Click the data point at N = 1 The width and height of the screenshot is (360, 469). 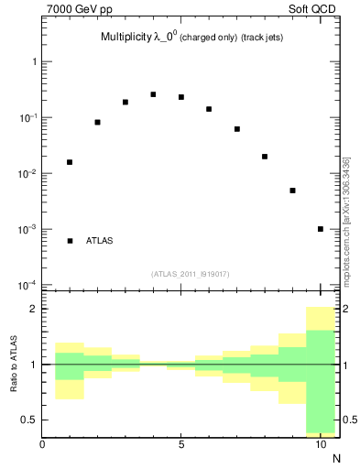pyautogui.click(x=70, y=162)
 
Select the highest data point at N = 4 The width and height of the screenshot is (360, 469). pyautogui.click(x=153, y=94)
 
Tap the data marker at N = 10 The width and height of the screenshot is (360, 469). pyautogui.click(x=321, y=229)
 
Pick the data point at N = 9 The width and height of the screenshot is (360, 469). pyautogui.click(x=292, y=191)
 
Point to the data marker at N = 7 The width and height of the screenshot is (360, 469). pyautogui.click(x=236, y=129)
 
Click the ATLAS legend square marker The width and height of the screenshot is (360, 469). pyautogui.click(x=70, y=241)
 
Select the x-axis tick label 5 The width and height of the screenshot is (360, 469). pyautogui.click(x=181, y=445)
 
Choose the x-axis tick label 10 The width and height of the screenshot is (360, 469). pyautogui.click(x=321, y=445)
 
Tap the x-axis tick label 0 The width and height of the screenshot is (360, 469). pyautogui.click(x=42, y=445)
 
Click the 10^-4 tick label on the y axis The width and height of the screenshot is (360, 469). pyautogui.click(x=26, y=285)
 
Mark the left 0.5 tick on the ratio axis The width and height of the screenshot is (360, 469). pyautogui.click(x=28, y=420)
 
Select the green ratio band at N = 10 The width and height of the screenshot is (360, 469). pyautogui.click(x=321, y=380)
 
